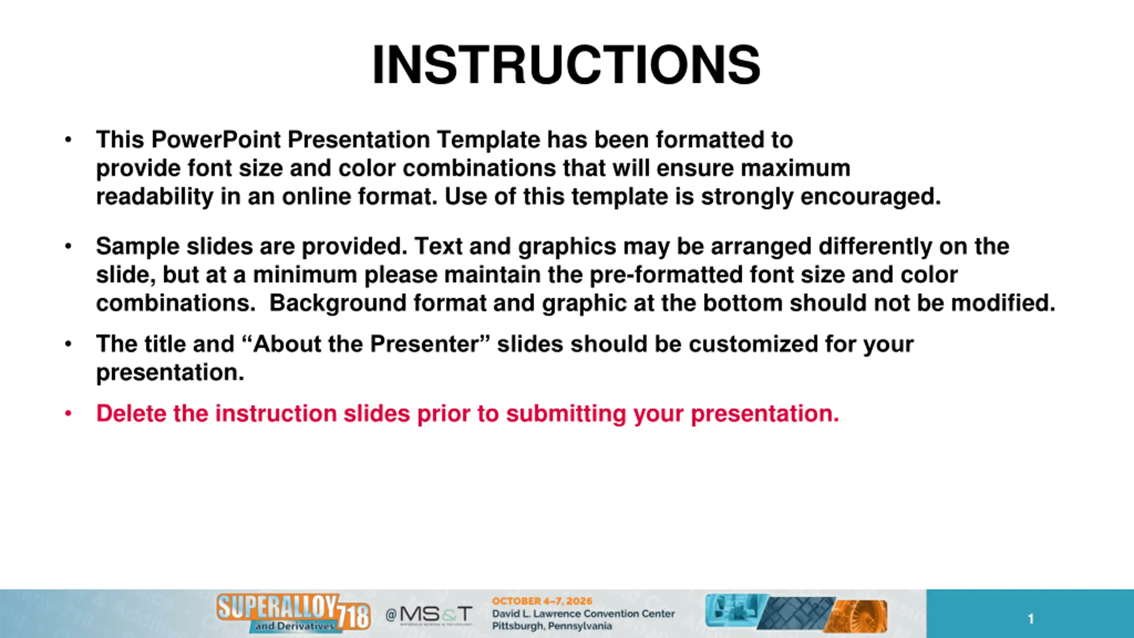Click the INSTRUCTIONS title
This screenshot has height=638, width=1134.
567,65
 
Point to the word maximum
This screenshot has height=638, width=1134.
796,168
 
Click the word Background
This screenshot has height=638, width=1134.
338,303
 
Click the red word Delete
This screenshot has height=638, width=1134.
131,413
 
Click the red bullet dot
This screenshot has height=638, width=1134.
68,414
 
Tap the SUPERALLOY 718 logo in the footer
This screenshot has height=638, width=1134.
293,613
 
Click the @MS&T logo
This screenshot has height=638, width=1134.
429,615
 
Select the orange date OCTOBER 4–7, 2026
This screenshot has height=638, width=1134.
542,601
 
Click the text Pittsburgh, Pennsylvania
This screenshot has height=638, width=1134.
552,626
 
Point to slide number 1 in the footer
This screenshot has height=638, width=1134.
1031,619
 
